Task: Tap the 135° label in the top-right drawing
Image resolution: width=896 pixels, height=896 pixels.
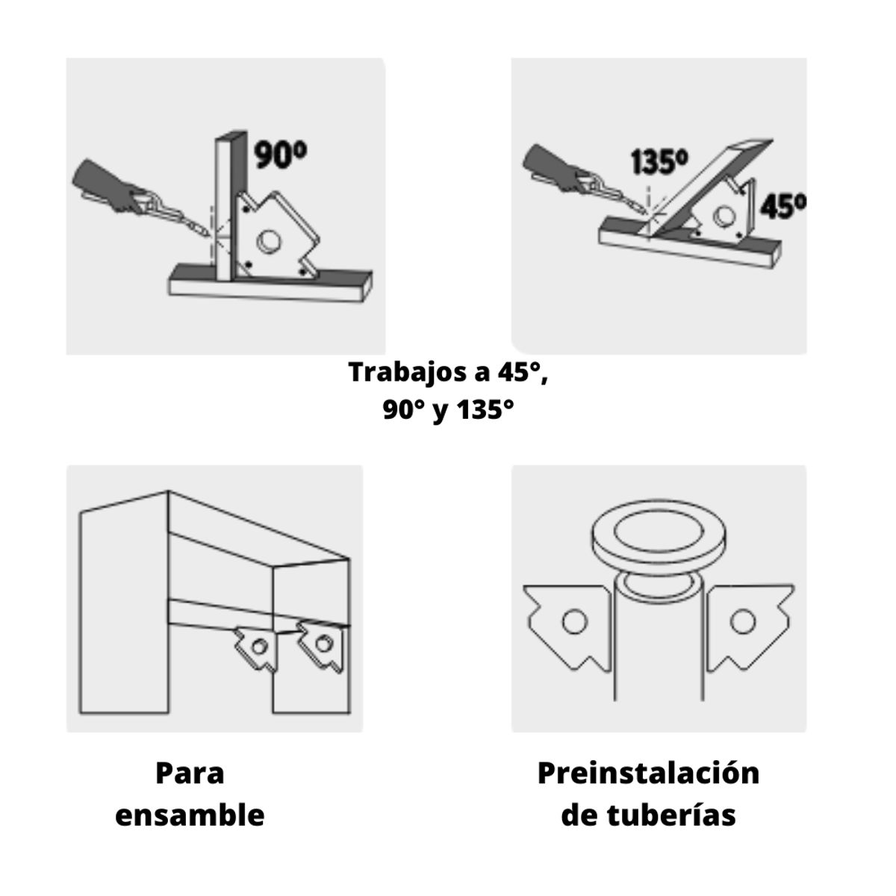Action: (x=659, y=162)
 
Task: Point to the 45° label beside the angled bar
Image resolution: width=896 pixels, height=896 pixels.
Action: (x=783, y=205)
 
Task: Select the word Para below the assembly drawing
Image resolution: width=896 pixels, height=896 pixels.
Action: (x=190, y=773)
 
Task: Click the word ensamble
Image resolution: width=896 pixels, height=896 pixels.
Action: (x=190, y=815)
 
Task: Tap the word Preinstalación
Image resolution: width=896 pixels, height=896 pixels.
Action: (x=648, y=773)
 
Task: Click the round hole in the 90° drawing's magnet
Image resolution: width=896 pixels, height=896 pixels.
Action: (x=267, y=242)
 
